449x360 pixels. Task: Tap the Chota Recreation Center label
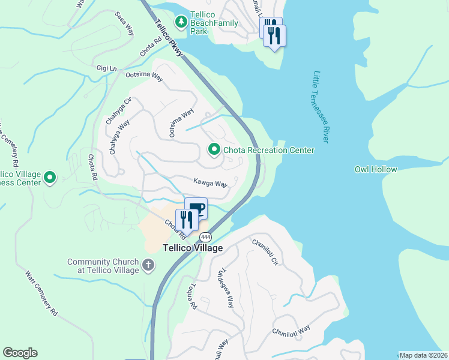pyautogui.click(x=268, y=150)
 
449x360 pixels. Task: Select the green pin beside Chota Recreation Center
pyautogui.click(x=213, y=149)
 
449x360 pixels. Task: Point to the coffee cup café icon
pyautogui.click(x=196, y=208)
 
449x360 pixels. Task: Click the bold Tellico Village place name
pyautogui.click(x=193, y=248)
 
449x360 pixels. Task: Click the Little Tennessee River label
pyautogui.click(x=321, y=107)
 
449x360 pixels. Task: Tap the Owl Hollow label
pyautogui.click(x=375, y=169)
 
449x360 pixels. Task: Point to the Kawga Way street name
pyautogui.click(x=210, y=182)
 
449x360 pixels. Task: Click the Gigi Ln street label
pyautogui.click(x=106, y=68)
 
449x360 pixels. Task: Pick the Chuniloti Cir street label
pyautogui.click(x=265, y=252)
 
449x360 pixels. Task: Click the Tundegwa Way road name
pyautogui.click(x=226, y=287)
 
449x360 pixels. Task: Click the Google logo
pyautogui.click(x=20, y=353)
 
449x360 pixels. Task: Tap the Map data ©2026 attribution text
pyautogui.click(x=423, y=355)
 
